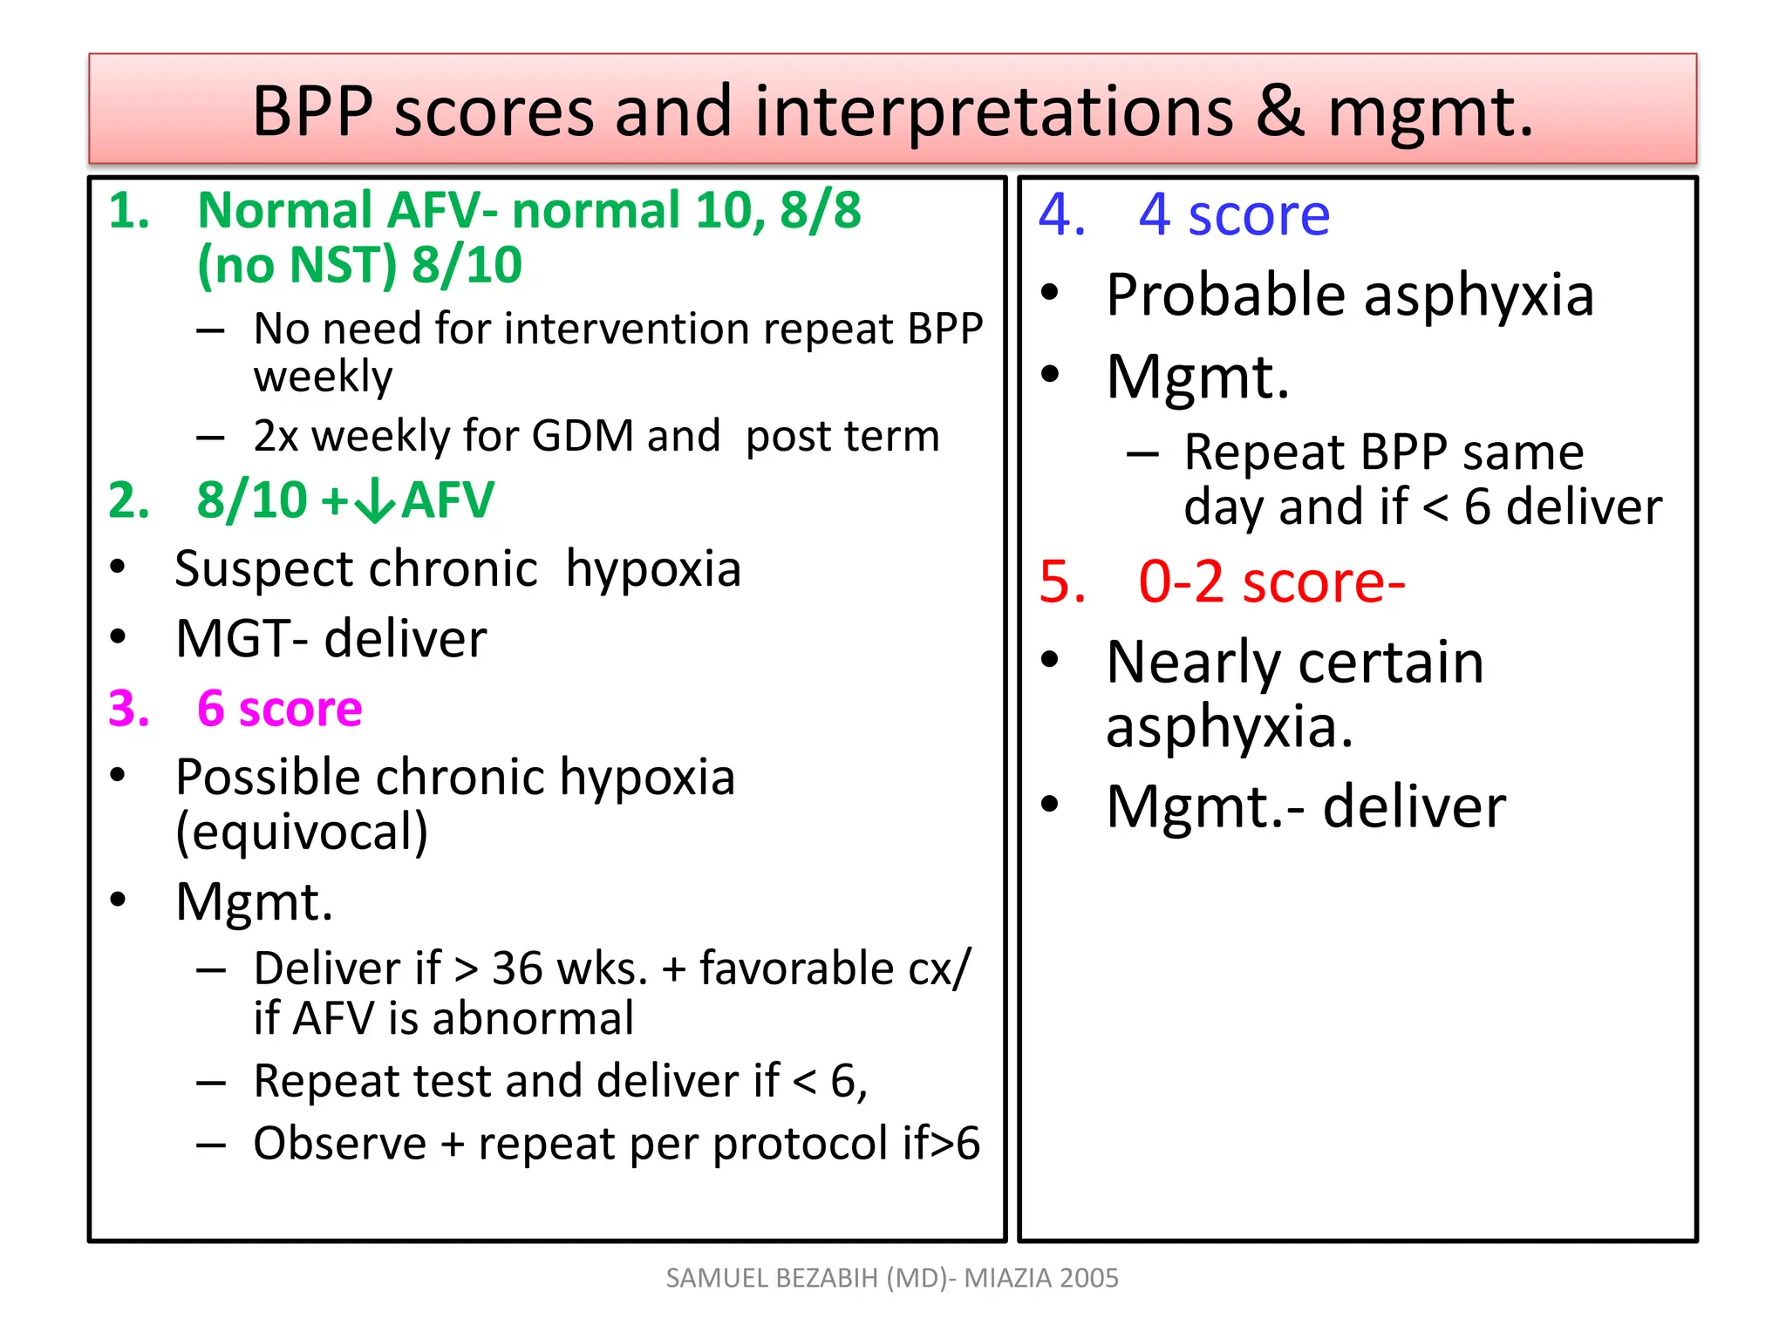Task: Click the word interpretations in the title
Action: (x=993, y=113)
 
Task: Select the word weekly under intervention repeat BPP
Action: (x=323, y=377)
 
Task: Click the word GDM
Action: (x=582, y=436)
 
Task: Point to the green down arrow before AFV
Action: (x=376, y=501)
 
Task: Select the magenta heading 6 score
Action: (x=279, y=708)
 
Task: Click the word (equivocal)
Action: (x=302, y=833)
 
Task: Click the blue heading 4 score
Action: (x=1233, y=214)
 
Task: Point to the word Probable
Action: (x=1226, y=296)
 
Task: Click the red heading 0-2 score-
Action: (x=1271, y=582)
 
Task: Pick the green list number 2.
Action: (x=128, y=501)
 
